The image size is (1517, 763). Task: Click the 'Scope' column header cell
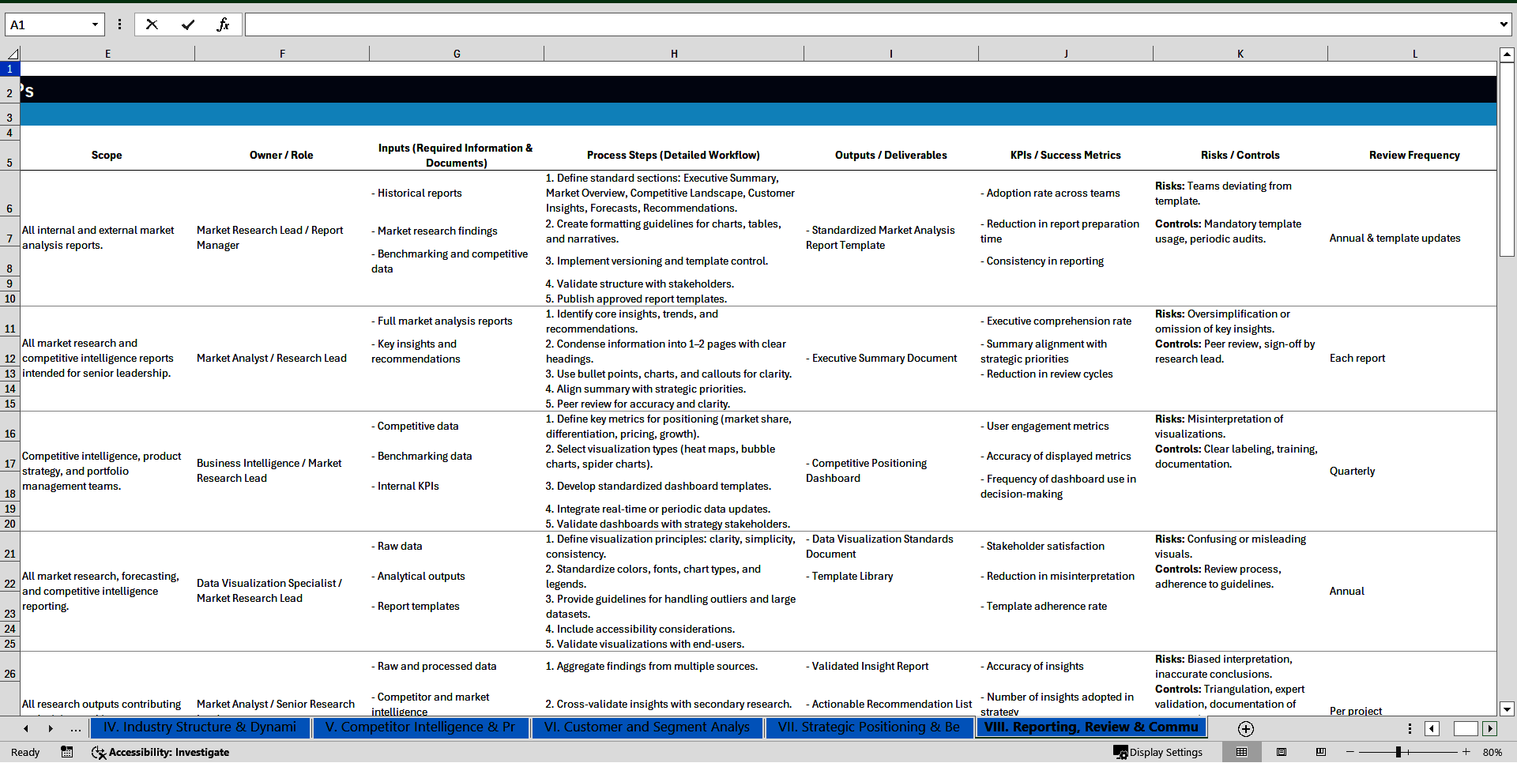[x=107, y=155]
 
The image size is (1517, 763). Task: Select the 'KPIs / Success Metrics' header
[x=1065, y=155]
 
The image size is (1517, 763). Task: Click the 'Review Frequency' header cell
[x=1413, y=155]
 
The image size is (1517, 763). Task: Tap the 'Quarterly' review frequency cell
[x=1352, y=471]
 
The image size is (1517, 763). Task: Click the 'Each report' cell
[x=1357, y=358]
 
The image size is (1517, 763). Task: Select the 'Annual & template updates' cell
[x=1395, y=238]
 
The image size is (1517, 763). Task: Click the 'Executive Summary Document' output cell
[x=884, y=358]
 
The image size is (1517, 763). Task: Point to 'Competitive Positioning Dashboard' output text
[x=866, y=471]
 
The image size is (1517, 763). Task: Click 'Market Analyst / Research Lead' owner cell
[x=271, y=358]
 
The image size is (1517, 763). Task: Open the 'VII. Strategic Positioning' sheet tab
[x=868, y=727]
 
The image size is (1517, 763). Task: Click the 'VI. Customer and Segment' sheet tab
[x=646, y=727]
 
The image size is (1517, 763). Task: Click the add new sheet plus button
[x=1246, y=728]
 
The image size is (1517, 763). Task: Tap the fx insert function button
[x=223, y=24]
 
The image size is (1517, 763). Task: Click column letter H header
[x=674, y=54]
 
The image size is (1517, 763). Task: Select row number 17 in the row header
[x=10, y=464]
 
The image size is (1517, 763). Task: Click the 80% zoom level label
[x=1492, y=752]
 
